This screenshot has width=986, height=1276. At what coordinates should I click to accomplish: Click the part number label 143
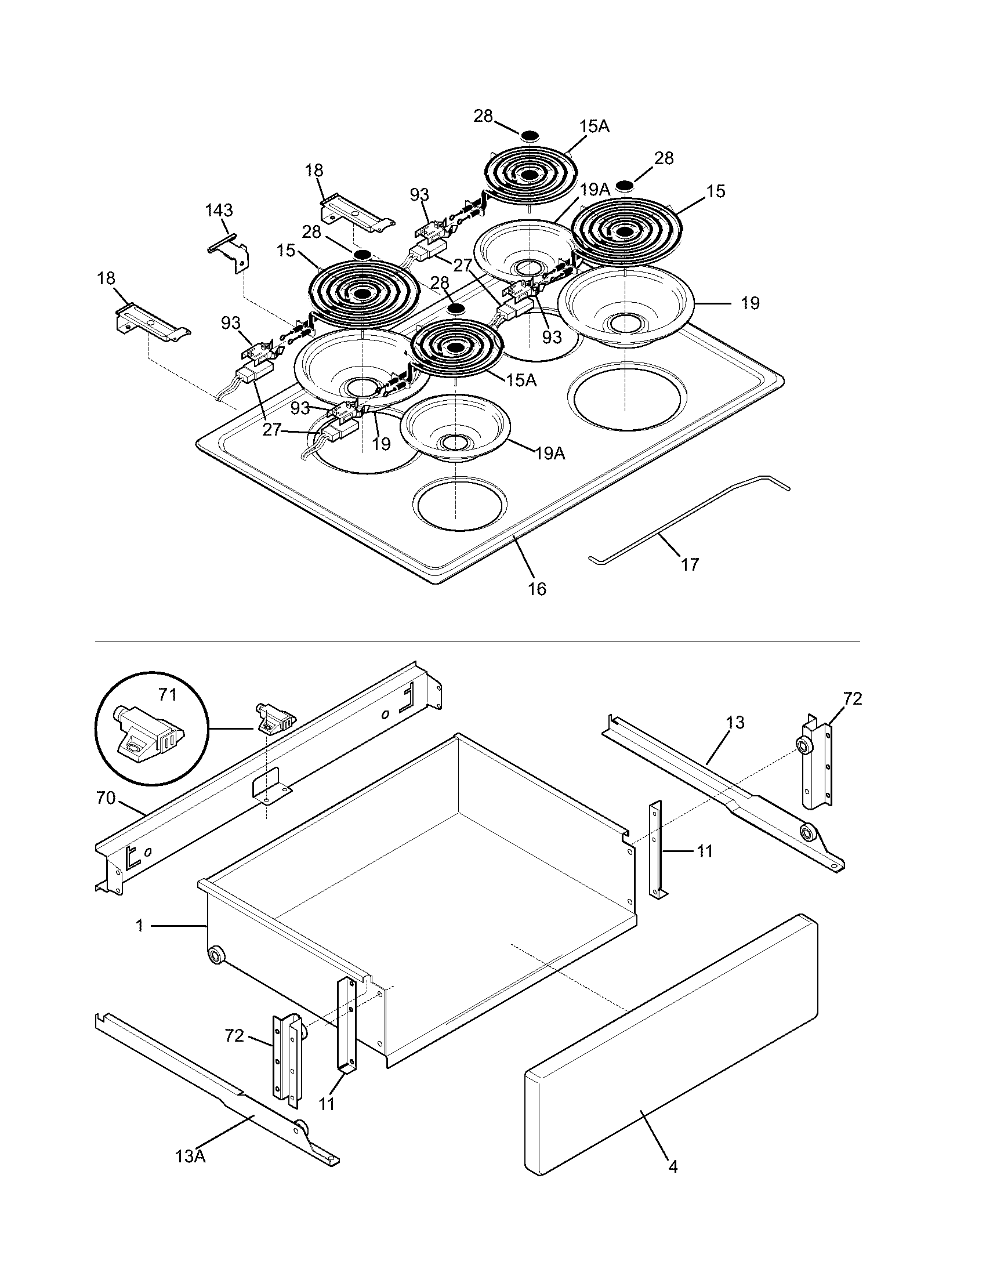point(219,210)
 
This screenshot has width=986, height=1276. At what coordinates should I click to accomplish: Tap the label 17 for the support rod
point(689,564)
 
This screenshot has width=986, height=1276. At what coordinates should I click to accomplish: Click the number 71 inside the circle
point(167,694)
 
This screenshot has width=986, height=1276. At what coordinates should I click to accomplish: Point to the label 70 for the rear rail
point(106,797)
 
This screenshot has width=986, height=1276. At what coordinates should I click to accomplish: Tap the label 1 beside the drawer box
point(139,926)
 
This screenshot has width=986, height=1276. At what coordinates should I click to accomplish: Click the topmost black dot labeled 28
point(530,136)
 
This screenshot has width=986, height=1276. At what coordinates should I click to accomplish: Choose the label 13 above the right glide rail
point(735,723)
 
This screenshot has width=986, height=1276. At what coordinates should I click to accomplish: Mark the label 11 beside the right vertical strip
point(705,851)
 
